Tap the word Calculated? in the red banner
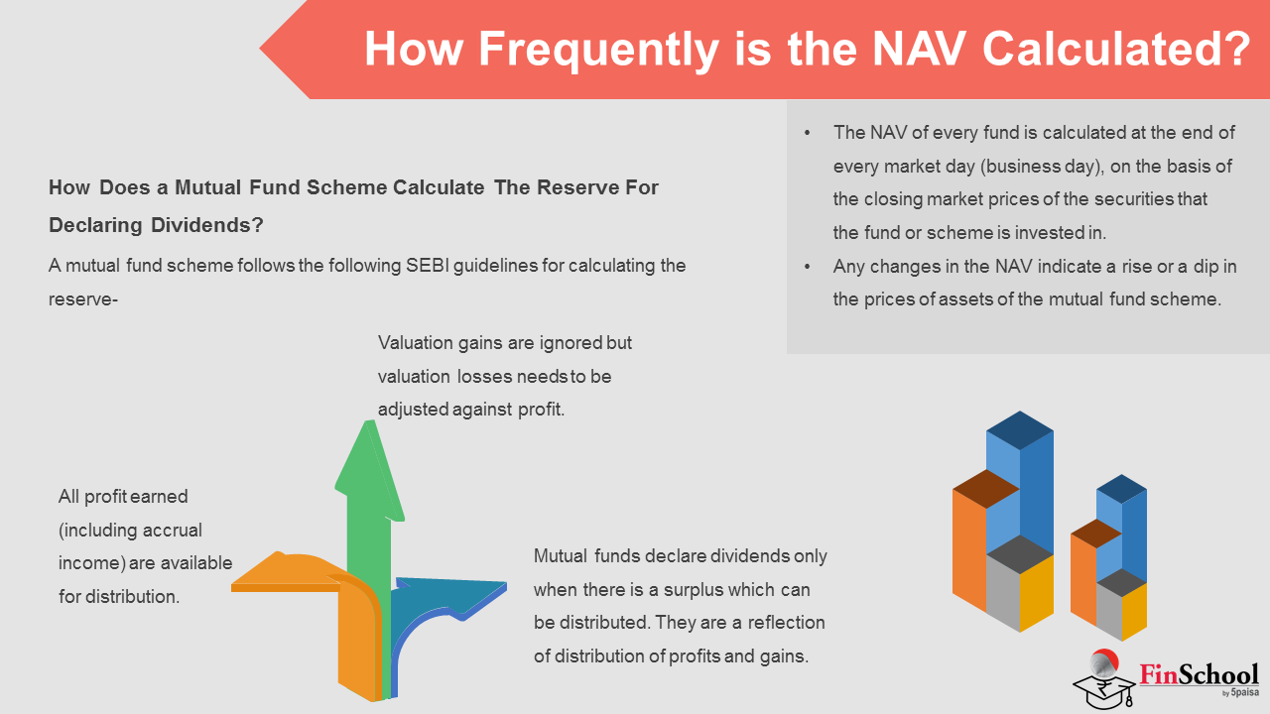1116,49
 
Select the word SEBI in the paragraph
427,265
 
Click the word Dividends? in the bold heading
207,225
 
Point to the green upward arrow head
370,470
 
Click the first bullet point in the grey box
808,133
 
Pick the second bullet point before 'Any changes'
808,267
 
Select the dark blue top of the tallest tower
1020,430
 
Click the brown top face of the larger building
985,489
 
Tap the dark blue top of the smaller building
1121,489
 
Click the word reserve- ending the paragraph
82,299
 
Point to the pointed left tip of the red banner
260,49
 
